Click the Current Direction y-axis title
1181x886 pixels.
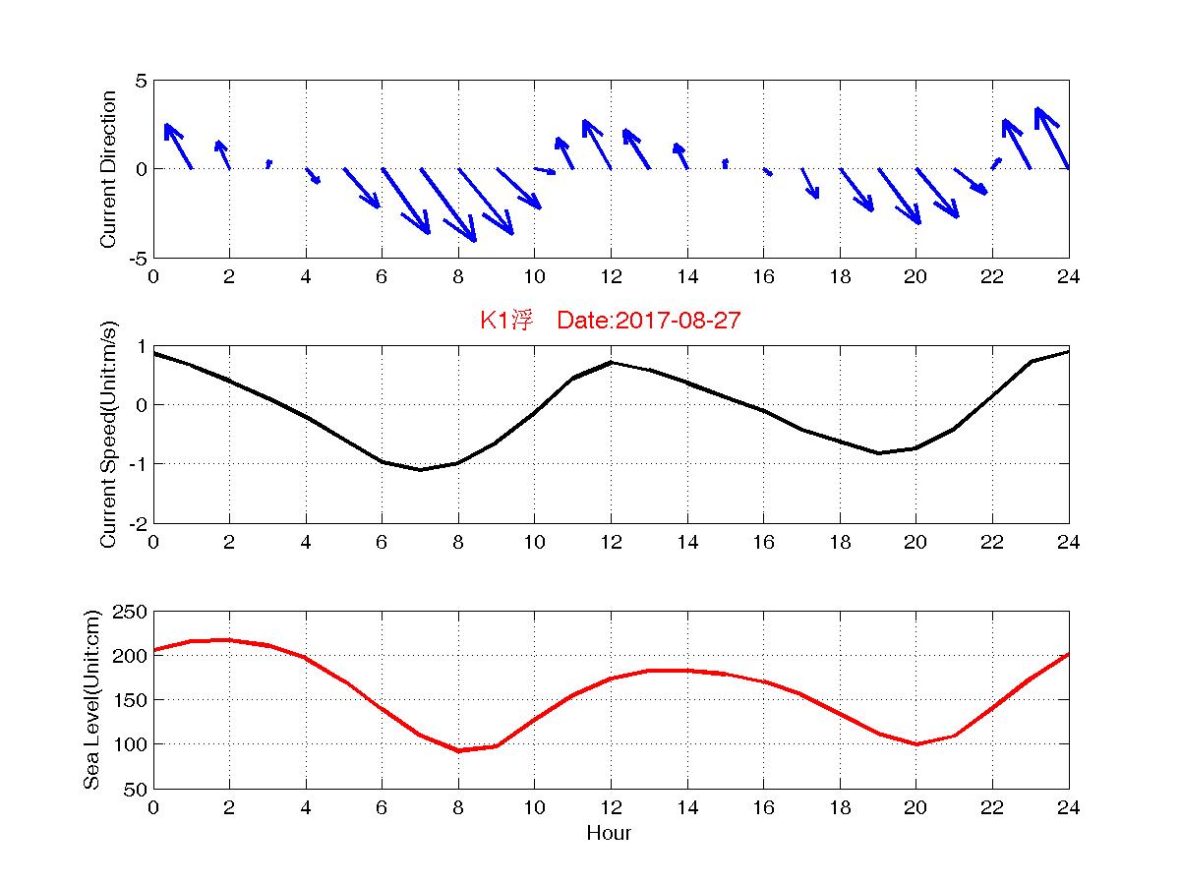click(x=109, y=169)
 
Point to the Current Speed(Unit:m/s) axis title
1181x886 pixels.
click(x=109, y=435)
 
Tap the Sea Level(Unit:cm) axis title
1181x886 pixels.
click(x=92, y=700)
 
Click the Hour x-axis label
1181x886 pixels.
click(x=609, y=834)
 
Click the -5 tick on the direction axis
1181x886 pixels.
click(x=137, y=258)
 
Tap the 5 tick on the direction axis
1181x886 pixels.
click(x=142, y=81)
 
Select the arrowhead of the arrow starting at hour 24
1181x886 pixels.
click(x=1038, y=110)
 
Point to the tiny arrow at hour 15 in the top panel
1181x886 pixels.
click(x=725, y=162)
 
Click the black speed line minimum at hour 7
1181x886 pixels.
click(x=420, y=470)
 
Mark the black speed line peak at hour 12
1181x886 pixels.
click(x=611, y=362)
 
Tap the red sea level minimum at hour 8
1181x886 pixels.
click(x=458, y=751)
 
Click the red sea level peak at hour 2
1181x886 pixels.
click(x=229, y=639)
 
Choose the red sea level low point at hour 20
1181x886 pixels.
click(x=915, y=744)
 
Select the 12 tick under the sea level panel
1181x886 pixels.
click(x=611, y=807)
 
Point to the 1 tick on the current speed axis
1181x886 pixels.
click(x=142, y=346)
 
